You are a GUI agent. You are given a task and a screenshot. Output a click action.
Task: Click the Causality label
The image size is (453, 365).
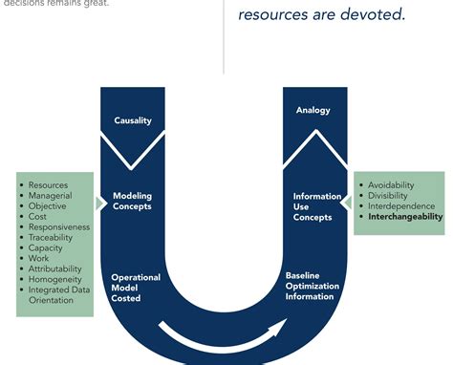[133, 120]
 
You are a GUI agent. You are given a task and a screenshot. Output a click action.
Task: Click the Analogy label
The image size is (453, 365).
[313, 110]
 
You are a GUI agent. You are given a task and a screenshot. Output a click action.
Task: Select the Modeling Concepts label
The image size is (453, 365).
[132, 201]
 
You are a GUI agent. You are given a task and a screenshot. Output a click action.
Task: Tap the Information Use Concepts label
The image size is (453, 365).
[313, 206]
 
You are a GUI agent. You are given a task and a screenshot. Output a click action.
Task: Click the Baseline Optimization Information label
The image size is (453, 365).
[310, 286]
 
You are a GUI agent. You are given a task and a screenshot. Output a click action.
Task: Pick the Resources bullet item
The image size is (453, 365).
[48, 184]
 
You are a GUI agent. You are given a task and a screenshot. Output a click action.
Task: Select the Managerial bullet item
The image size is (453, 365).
[50, 195]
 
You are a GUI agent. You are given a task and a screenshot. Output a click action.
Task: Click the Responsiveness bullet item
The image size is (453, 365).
[59, 226]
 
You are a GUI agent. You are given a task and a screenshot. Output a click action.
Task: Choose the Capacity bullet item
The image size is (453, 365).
[46, 247]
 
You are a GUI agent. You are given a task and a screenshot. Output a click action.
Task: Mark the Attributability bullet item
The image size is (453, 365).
[55, 268]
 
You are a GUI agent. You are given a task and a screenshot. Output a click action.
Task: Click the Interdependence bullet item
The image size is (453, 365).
[401, 205]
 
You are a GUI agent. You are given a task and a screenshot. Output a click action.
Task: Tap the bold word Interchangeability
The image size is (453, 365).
[405, 217]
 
